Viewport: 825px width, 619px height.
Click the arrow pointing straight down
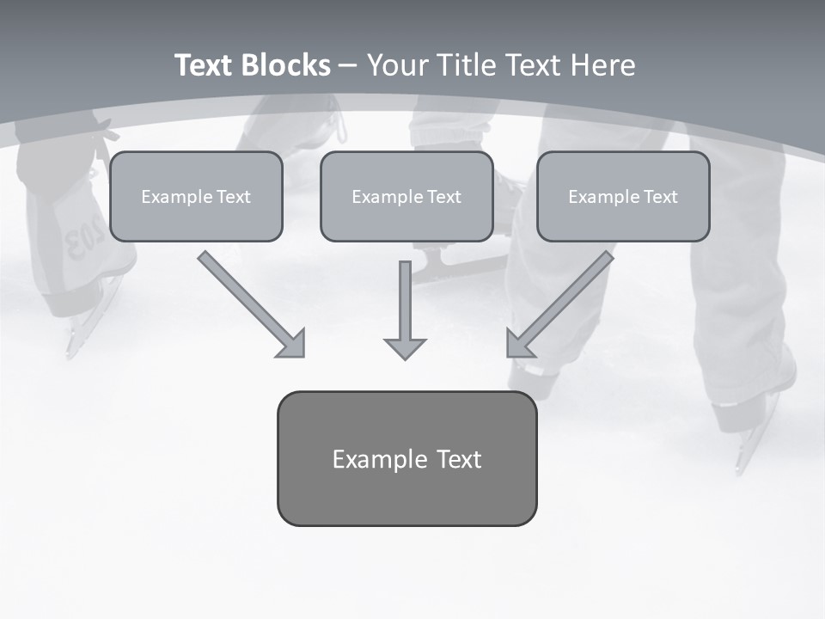click(x=405, y=309)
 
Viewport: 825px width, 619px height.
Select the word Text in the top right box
click(x=659, y=197)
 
